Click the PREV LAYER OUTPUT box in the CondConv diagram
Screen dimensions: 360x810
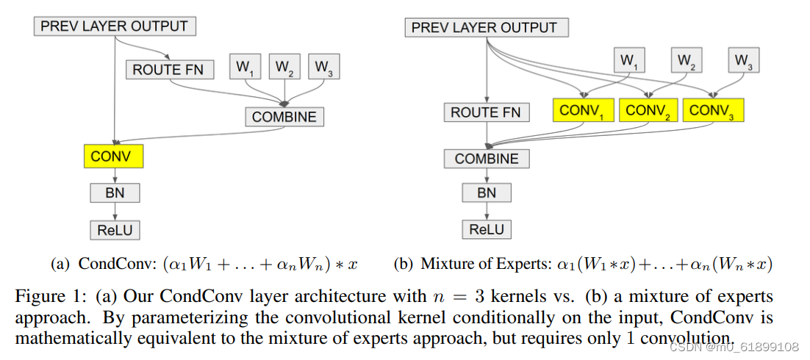click(x=115, y=26)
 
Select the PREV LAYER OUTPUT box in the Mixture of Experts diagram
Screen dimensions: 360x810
click(x=485, y=28)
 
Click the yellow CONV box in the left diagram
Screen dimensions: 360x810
click(x=113, y=156)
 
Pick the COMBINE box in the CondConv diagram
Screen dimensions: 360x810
click(x=284, y=117)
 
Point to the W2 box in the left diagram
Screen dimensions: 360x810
click(x=284, y=68)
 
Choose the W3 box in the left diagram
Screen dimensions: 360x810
click(x=323, y=68)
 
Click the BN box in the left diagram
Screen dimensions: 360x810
click(x=115, y=193)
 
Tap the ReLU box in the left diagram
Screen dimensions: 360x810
click(x=115, y=230)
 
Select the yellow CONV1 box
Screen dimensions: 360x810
click(x=584, y=111)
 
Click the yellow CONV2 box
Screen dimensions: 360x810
click(x=648, y=111)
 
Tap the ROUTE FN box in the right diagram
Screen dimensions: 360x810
click(x=486, y=112)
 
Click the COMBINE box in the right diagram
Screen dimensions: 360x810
click(x=486, y=159)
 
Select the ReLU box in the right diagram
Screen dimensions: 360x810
click(x=487, y=229)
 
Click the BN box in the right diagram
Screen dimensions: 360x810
click(x=487, y=193)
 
